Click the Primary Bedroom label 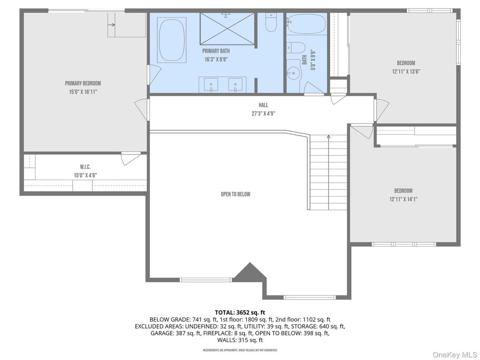coord(83,83)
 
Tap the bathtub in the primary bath coord(171,40)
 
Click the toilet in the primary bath coord(271,23)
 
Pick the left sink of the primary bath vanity coord(209,84)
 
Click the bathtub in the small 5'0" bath coord(307,25)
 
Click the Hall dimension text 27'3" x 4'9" coord(263,114)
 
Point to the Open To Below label coord(235,194)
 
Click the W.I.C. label coord(85,167)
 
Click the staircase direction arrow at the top coord(329,137)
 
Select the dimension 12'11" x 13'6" coord(406,71)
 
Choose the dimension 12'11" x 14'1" coord(403,199)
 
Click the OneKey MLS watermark coord(454,354)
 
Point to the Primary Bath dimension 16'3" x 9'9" coord(216,59)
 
